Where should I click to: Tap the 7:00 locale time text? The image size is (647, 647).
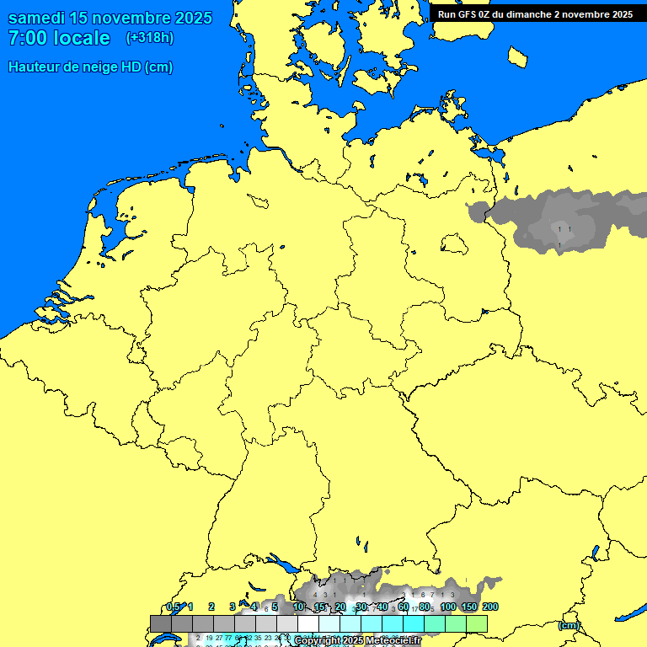pos(59,38)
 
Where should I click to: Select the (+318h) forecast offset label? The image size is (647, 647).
pos(150,38)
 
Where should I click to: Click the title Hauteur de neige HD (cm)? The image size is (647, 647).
pos(90,67)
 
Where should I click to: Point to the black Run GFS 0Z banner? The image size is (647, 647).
pos(536,13)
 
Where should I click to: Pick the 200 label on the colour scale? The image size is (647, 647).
pos(490,607)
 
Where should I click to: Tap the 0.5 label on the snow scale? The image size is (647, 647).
pos(173,607)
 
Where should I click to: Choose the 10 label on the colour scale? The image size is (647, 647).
pos(298,607)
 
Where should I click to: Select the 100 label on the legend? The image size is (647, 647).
pos(448,607)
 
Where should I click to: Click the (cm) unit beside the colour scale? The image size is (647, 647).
pos(569,625)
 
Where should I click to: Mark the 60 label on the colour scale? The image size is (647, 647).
pos(404,607)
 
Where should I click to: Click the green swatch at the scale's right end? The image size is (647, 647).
pos(477,623)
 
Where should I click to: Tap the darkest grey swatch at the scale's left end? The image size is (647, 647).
pos(161,623)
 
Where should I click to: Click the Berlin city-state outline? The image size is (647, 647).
pos(454,243)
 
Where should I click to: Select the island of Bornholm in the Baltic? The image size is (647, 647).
pos(518,56)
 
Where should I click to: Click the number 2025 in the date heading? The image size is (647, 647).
pos(193,18)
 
